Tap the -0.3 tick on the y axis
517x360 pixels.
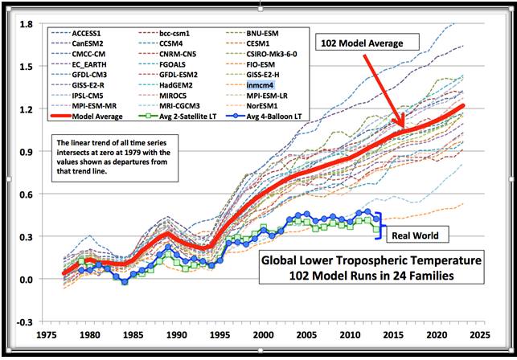23,321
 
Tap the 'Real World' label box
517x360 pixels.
418,236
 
